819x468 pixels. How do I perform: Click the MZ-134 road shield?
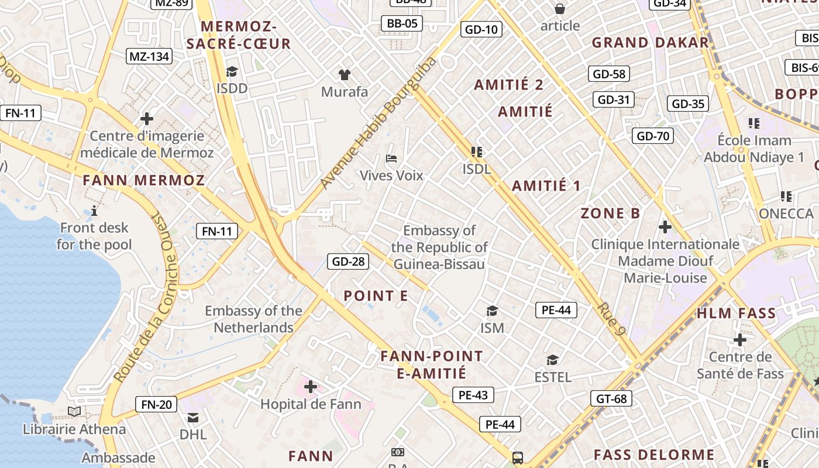point(149,56)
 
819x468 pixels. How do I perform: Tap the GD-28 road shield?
point(348,261)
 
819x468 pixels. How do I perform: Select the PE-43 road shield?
point(473,395)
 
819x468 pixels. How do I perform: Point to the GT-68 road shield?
point(611,399)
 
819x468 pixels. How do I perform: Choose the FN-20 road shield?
point(156,404)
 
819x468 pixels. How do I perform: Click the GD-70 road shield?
point(653,136)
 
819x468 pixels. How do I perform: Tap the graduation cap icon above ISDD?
point(232,72)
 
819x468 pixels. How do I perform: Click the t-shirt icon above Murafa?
point(345,75)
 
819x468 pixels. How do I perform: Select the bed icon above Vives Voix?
point(391,159)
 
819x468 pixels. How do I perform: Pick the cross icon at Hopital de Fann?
point(311,387)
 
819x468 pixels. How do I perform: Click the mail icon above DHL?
point(193,418)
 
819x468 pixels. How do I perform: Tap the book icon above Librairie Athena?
point(74,412)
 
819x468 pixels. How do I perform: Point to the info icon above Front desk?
point(94,211)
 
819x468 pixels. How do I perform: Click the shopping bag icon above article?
point(560,9)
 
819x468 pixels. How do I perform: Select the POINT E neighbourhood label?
point(376,296)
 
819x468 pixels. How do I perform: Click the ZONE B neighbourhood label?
point(610,213)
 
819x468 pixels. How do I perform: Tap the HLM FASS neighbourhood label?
point(736,313)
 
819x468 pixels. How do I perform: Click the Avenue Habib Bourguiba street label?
point(378,123)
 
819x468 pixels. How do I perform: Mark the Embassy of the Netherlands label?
point(253,319)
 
